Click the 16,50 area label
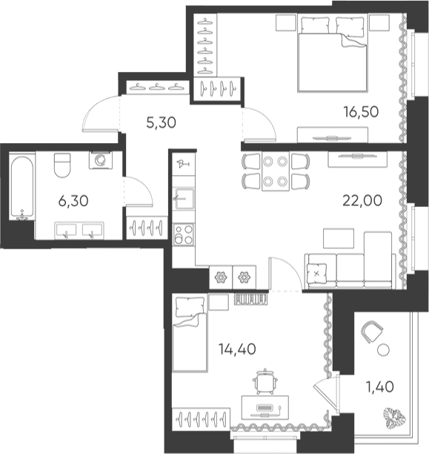tap(361, 112)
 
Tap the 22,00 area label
tap(362, 200)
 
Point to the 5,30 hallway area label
tap(161, 122)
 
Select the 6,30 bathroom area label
tap(73, 201)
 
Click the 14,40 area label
tap(237, 349)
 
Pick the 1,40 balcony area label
tap(380, 386)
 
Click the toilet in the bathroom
tap(62, 165)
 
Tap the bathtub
tap(21, 187)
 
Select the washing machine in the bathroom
tap(101, 160)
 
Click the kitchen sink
tap(184, 198)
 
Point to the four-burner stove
tap(184, 234)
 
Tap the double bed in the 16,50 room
tap(333, 54)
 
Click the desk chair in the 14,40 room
tap(265, 381)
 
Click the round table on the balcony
tap(383, 349)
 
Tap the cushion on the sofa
tap(317, 273)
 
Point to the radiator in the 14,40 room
tap(250, 300)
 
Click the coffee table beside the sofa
tap(339, 238)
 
